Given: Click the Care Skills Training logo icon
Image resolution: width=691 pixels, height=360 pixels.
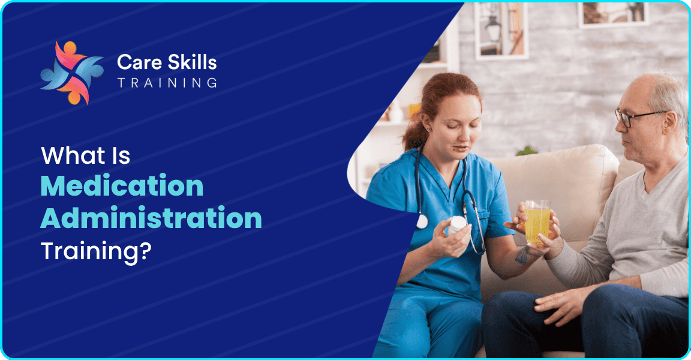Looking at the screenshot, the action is click(x=72, y=73).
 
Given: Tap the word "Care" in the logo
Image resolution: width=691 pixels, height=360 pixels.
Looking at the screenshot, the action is click(x=139, y=62).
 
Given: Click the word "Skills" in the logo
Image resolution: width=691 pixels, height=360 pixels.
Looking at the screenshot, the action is click(x=192, y=62).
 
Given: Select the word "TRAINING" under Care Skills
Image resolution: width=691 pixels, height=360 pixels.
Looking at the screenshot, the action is click(x=167, y=83).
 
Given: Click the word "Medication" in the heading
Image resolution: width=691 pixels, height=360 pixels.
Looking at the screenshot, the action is click(x=122, y=185).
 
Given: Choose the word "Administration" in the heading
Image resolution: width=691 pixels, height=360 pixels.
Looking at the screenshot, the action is click(x=151, y=218).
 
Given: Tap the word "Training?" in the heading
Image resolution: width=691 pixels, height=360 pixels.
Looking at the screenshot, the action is click(x=96, y=251).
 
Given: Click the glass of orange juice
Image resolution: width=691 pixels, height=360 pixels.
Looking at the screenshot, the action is click(x=537, y=221).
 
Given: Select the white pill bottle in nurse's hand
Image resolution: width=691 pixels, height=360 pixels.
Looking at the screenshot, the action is click(x=456, y=226).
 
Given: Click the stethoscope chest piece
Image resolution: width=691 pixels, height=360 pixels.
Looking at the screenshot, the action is click(x=422, y=221).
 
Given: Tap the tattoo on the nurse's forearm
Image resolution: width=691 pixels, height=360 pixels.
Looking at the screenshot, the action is click(x=523, y=255).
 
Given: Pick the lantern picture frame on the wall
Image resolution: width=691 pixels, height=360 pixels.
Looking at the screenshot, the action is click(x=501, y=30).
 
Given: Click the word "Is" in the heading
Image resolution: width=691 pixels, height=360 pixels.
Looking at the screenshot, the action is click(x=122, y=155).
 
